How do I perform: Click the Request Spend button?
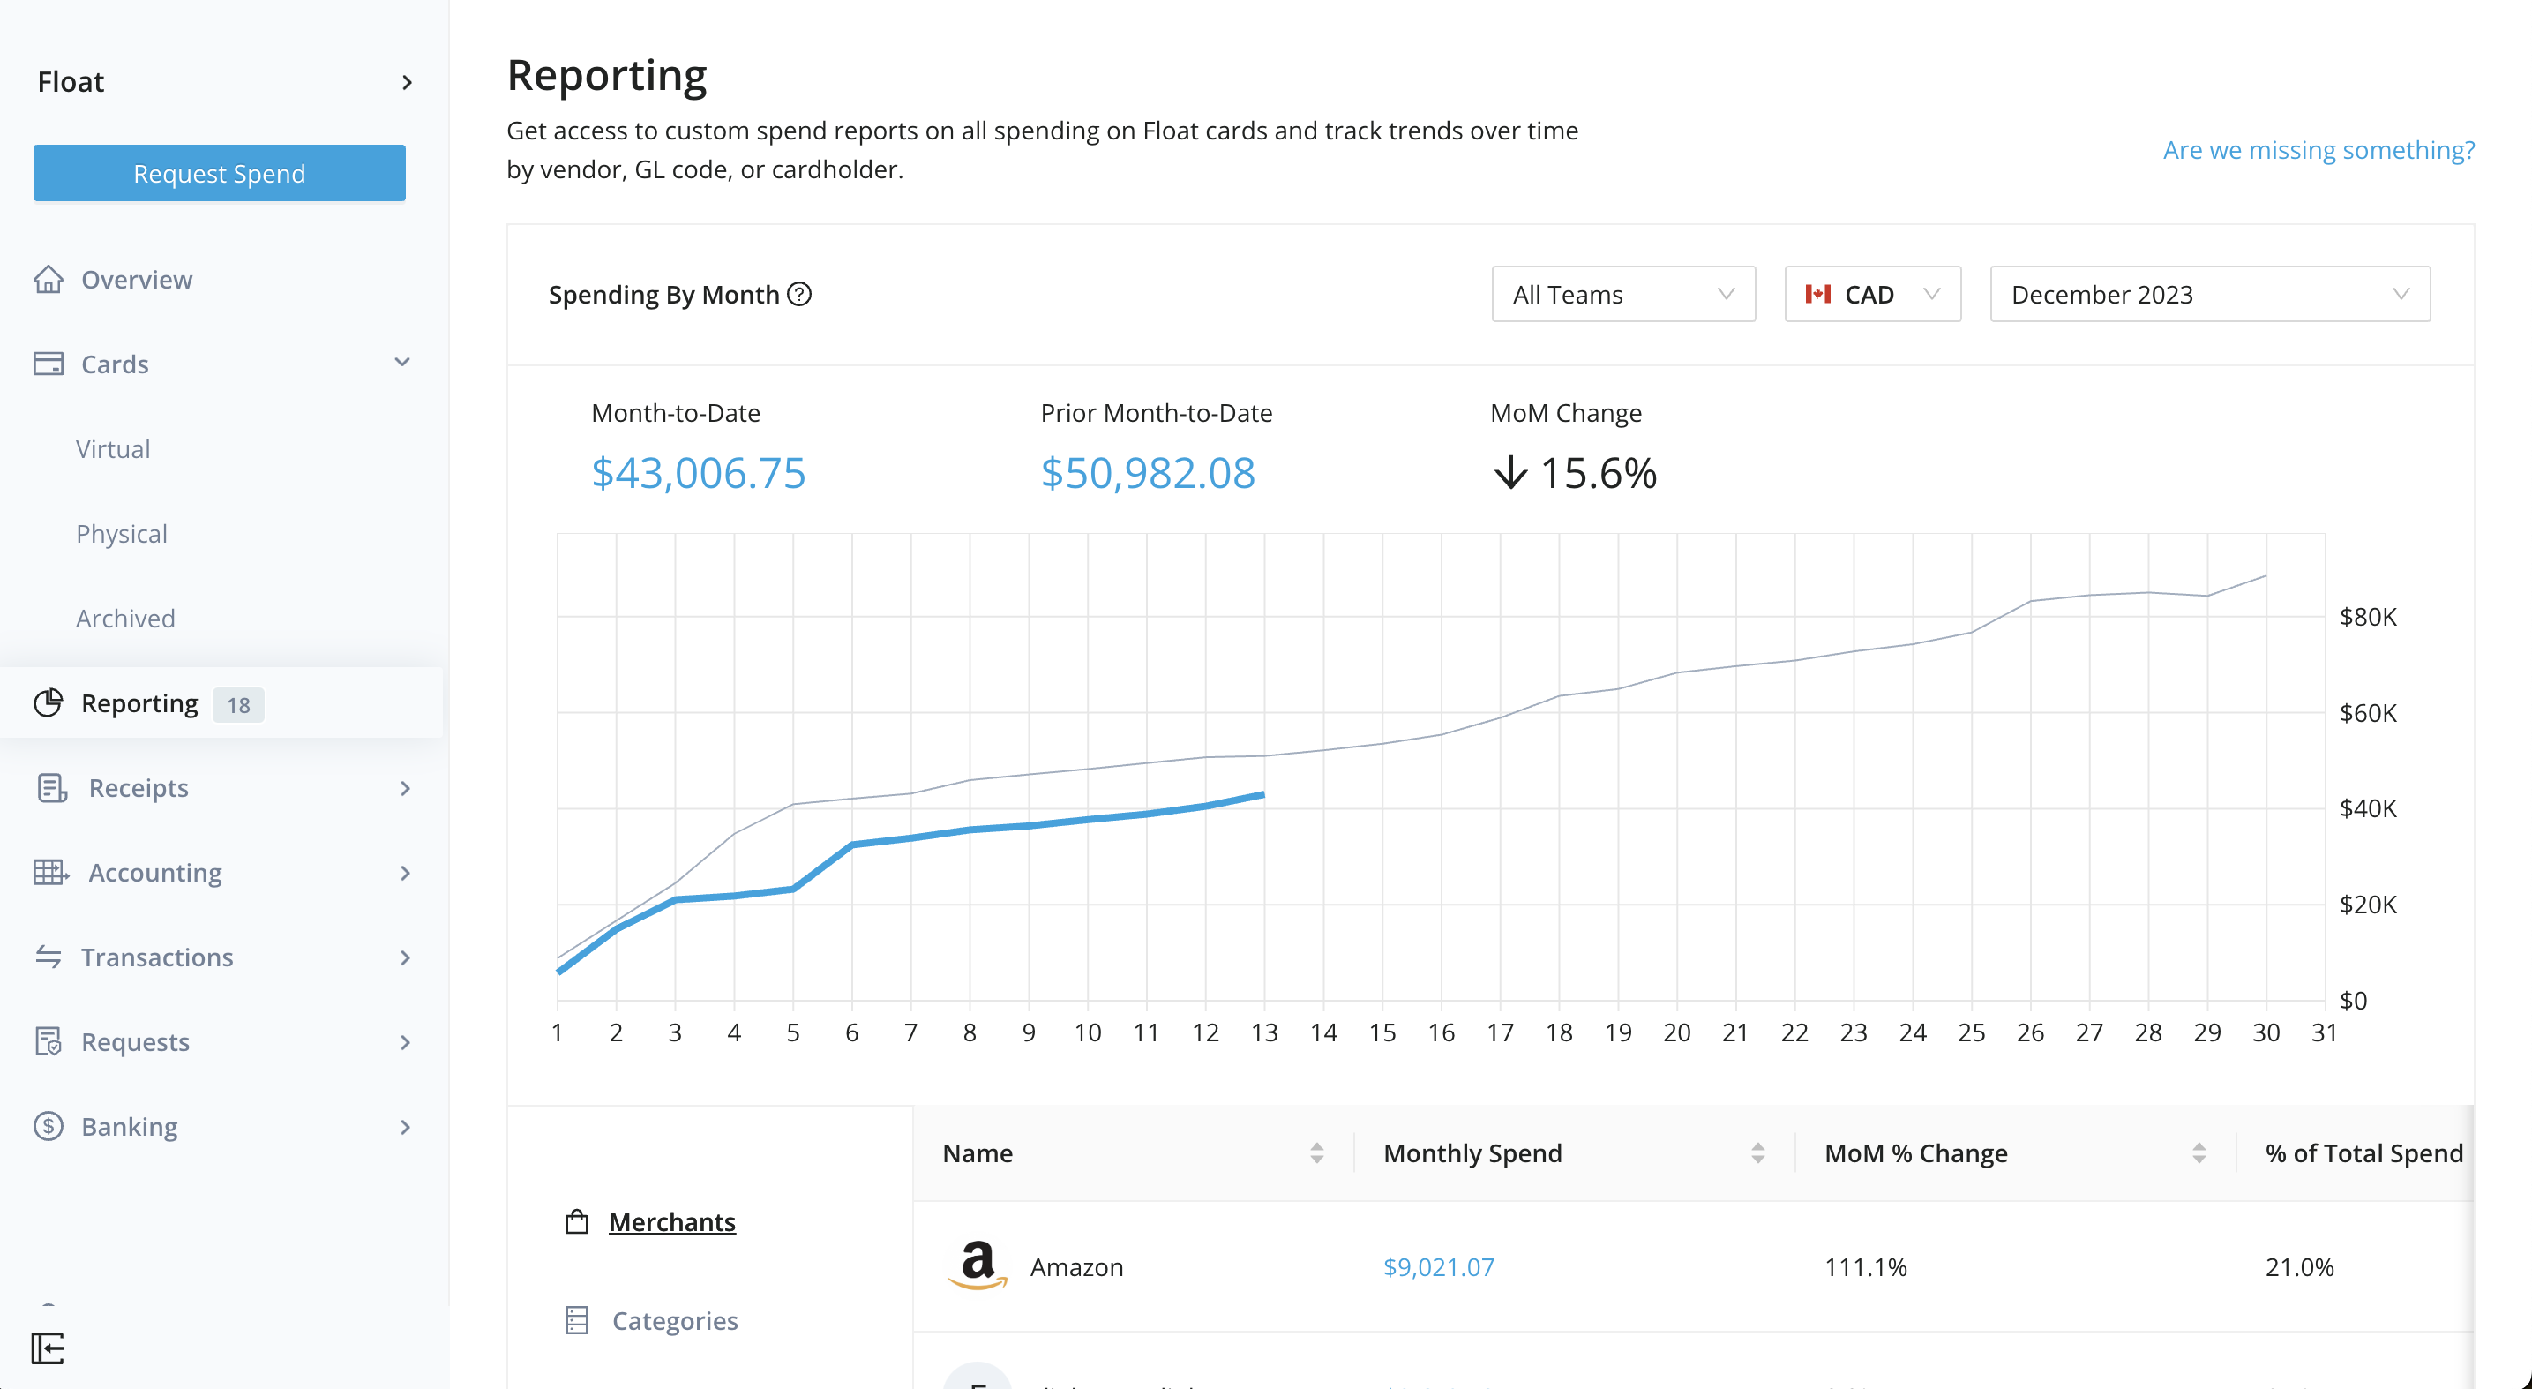click(x=219, y=173)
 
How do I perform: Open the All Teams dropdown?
click(x=1622, y=294)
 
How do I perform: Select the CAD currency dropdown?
click(x=1871, y=294)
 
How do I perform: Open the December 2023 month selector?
click(x=2208, y=294)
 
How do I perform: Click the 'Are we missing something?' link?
click(x=2318, y=149)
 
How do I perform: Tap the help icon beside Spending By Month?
click(x=800, y=294)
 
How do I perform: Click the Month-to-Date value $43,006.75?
click(x=698, y=473)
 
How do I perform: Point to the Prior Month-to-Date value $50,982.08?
click(x=1147, y=473)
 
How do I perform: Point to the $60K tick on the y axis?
click(x=2367, y=713)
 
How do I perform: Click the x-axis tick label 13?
click(x=1264, y=1032)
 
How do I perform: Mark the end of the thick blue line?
click(x=1263, y=794)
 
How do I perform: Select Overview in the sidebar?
click(x=137, y=279)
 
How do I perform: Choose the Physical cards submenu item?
click(x=122, y=534)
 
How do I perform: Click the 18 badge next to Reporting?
click(x=238, y=705)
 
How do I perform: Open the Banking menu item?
click(x=130, y=1127)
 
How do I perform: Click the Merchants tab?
click(x=671, y=1222)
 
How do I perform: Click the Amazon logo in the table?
click(x=977, y=1265)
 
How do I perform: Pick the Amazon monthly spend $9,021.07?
click(x=1438, y=1267)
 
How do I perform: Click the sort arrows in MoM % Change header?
click(x=2199, y=1153)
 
